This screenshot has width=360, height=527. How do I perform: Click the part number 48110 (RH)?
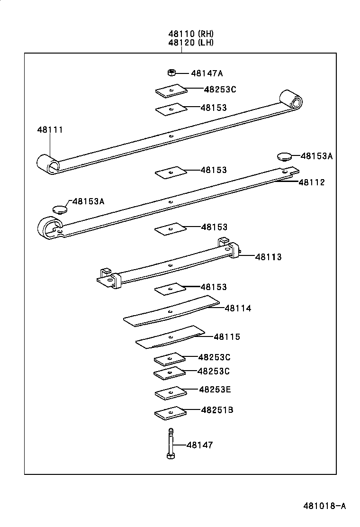190,34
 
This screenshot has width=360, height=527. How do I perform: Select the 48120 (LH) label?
190,42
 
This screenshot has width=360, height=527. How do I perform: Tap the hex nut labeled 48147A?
172,73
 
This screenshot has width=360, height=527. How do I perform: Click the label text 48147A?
207,73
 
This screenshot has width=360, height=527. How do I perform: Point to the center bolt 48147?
170,443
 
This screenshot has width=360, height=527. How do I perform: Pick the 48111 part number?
50,129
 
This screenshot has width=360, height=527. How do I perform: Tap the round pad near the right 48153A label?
284,156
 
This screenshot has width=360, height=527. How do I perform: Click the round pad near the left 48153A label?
59,209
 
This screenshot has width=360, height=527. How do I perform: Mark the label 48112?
312,182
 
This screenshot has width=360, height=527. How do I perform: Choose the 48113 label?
268,257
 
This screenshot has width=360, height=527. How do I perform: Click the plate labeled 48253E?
170,393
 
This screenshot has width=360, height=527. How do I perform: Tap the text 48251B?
217,409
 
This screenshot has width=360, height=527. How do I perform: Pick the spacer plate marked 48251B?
170,413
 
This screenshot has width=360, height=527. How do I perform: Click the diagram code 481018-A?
324,506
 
